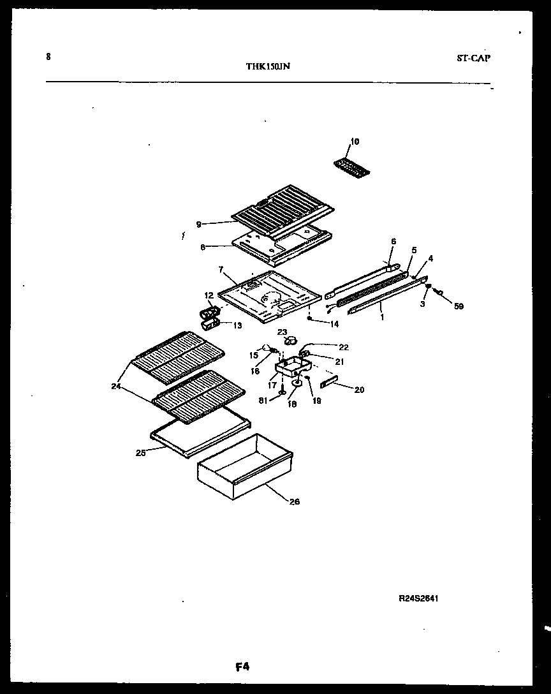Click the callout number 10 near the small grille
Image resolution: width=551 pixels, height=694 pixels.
click(355, 141)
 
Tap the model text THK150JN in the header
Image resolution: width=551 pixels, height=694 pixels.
click(268, 66)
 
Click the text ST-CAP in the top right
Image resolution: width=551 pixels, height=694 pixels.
click(473, 58)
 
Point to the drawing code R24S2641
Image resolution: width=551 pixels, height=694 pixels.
click(418, 599)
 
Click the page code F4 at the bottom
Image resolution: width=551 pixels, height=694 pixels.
click(242, 668)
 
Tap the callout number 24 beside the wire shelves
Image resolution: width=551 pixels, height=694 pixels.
click(115, 385)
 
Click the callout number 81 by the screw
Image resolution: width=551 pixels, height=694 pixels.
click(262, 400)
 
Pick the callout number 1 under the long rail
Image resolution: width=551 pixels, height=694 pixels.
click(382, 316)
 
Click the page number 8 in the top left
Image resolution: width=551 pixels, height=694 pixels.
click(48, 56)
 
